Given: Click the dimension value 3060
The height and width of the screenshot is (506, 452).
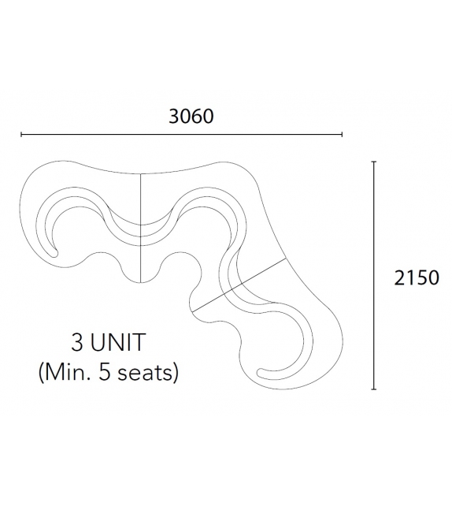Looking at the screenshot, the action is pos(191,116).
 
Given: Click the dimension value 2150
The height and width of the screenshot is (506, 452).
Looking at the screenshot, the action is pos(417,277).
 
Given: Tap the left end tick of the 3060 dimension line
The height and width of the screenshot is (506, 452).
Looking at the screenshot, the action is pos(21,134).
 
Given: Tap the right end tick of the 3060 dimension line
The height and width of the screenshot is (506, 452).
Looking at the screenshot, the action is pos(342,134).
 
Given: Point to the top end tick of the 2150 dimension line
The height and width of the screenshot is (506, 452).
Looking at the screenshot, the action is pos(374,162).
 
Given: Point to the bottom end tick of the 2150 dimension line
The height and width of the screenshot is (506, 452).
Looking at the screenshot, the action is pos(374,389).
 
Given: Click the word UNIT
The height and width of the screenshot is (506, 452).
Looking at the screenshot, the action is pos(117,342).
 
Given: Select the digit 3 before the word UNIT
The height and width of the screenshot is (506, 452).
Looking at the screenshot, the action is pos(77,342).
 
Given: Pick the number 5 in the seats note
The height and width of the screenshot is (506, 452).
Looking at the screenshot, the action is pos(105,373).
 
